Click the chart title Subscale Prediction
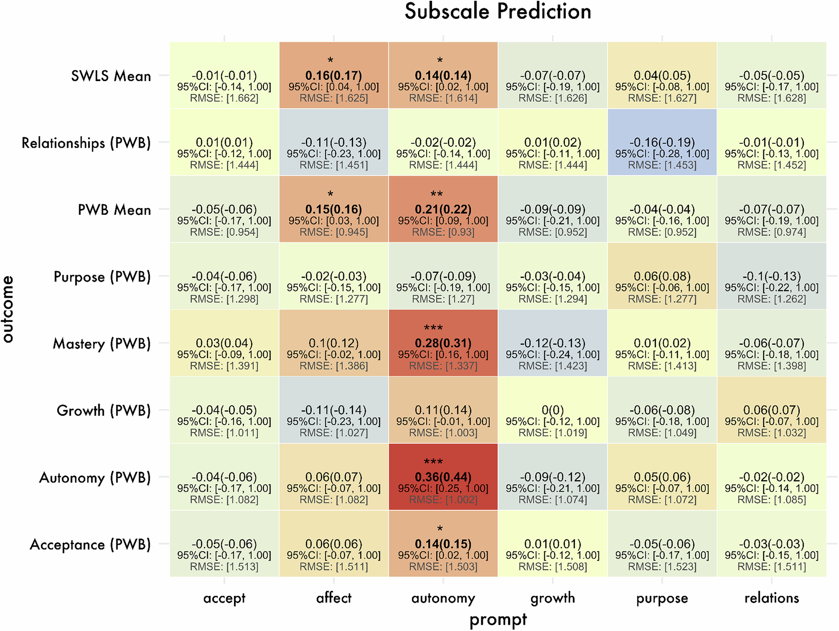coord(498,12)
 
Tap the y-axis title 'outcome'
coord(8,309)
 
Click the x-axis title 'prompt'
coord(498,619)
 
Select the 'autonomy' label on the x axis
coord(443,598)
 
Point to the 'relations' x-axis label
coord(771,598)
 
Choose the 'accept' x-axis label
coord(224,598)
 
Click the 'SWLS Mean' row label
coord(111,76)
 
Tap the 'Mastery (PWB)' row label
coord(102,344)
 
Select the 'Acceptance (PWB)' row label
coord(90,545)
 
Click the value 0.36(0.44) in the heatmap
coord(443,478)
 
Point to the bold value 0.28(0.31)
coord(443,343)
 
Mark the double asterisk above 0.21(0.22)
coord(436,195)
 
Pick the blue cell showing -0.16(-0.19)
coord(662,142)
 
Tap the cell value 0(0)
coord(552,410)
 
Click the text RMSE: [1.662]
coord(224,98)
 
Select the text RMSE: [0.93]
coord(443,232)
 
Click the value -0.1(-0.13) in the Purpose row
coord(771,277)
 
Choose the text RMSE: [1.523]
coord(662,567)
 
